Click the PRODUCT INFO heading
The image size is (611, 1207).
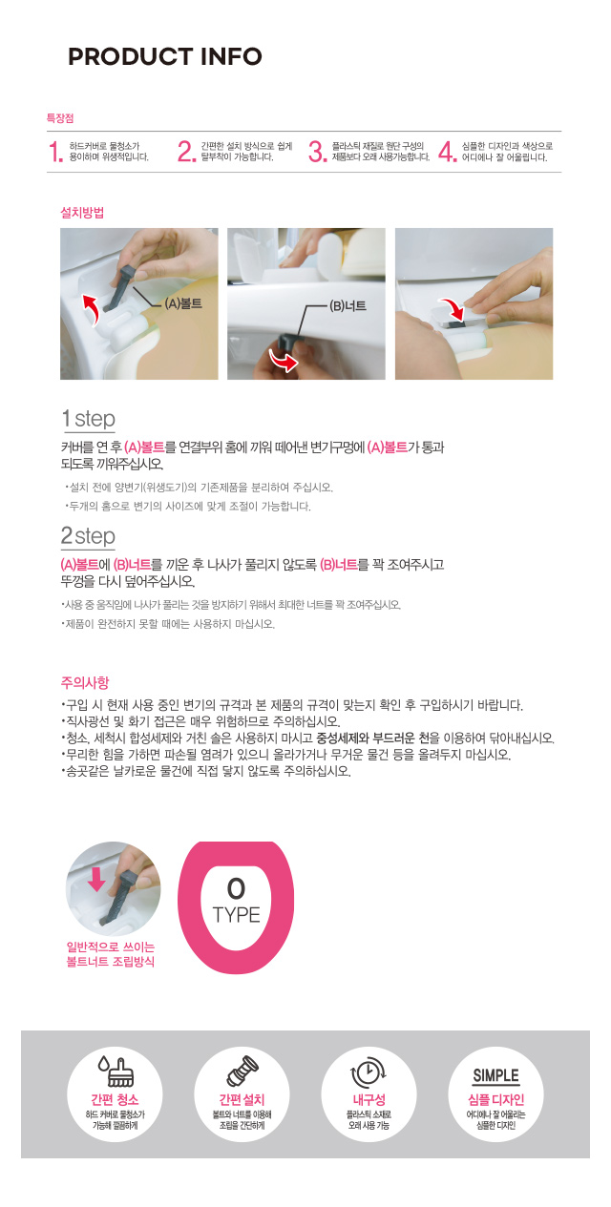click(165, 56)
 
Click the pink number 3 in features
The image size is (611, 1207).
click(317, 152)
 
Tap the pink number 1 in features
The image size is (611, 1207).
click(55, 152)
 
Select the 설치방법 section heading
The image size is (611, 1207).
click(82, 213)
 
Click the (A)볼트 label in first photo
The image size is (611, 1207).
click(183, 304)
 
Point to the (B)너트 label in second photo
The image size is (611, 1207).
click(348, 306)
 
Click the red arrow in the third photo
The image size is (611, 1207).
click(452, 309)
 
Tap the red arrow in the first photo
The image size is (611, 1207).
click(90, 309)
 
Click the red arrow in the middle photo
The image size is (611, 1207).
click(284, 360)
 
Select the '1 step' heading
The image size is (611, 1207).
click(89, 419)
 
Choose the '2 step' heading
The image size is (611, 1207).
click(88, 535)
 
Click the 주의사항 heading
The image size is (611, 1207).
click(85, 683)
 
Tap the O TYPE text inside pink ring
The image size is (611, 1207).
click(236, 901)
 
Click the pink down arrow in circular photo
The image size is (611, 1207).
click(96, 879)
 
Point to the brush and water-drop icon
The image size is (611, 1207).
click(116, 1072)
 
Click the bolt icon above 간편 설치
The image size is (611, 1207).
click(242, 1072)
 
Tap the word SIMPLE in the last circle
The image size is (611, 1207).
click(496, 1075)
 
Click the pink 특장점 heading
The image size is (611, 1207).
click(60, 118)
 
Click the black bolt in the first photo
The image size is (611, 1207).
click(118, 287)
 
